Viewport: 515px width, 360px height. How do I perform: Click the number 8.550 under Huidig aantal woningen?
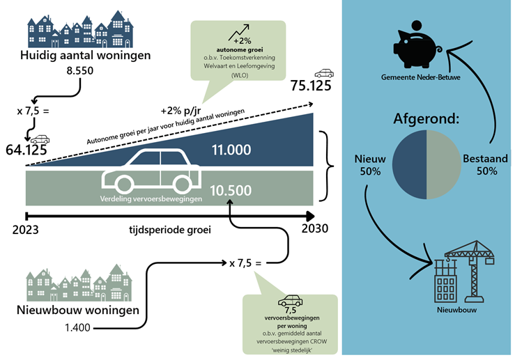(80, 70)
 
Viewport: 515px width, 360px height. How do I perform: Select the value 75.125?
(310, 86)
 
